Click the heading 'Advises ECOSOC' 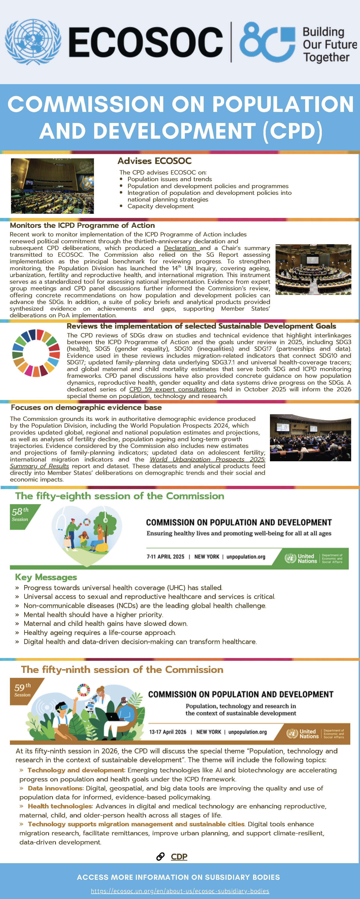(154, 161)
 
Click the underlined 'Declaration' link (180, 248)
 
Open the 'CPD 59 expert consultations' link (173, 389)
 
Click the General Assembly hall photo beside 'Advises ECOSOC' (52, 186)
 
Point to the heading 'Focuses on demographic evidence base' (86, 407)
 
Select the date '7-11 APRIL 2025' (165, 557)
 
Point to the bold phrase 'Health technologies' (60, 806)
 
